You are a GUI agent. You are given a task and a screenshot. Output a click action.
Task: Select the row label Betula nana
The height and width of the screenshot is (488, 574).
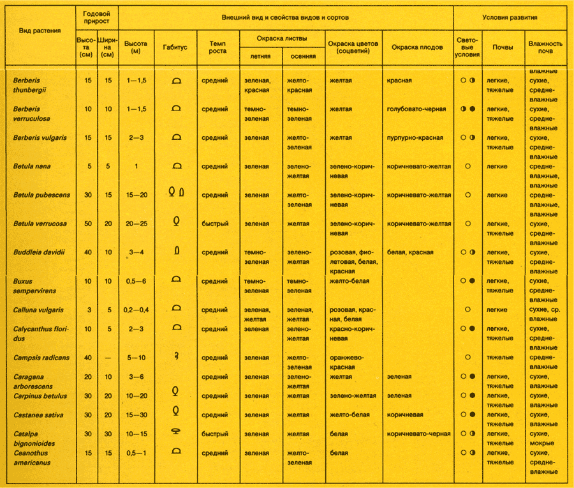(x=32, y=166)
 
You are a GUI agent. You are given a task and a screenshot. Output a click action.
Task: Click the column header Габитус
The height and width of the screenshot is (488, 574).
(x=175, y=47)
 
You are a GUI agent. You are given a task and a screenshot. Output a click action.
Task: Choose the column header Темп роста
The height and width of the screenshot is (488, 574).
(x=217, y=47)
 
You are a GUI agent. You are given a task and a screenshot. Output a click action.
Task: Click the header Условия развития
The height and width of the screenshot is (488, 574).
(x=510, y=17)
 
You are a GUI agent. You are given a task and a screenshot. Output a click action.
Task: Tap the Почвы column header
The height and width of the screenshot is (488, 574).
(x=503, y=47)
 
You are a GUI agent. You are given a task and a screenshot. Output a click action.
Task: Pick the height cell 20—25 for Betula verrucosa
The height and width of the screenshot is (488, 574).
(x=136, y=224)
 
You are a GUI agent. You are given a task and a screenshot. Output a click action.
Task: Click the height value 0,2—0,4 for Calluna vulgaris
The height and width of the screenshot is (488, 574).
(x=136, y=310)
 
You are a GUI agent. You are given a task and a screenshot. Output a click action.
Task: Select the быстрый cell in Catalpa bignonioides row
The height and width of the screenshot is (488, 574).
(x=215, y=434)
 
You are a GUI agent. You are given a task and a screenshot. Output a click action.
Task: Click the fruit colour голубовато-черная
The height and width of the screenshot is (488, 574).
(x=416, y=109)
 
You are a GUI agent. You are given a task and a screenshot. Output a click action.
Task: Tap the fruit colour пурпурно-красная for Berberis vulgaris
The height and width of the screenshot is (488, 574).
(x=415, y=137)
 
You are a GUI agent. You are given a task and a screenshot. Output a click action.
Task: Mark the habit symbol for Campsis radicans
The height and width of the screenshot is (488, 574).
(x=175, y=356)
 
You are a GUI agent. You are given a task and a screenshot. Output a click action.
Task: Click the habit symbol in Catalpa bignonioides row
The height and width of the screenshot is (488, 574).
(x=175, y=432)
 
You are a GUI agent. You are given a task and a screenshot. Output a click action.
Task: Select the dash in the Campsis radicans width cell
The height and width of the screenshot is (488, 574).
(x=108, y=358)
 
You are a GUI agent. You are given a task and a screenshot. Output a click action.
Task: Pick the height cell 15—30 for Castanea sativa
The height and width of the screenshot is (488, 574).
(x=136, y=415)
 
